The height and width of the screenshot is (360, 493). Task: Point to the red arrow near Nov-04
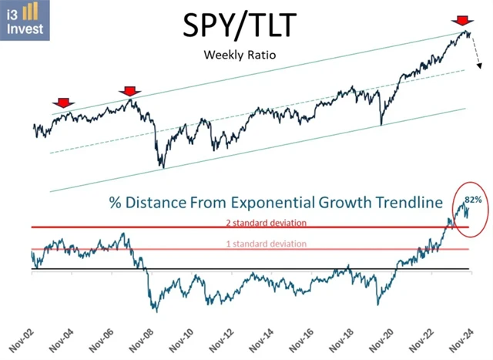click(x=62, y=103)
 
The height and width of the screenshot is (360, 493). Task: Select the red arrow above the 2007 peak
click(x=129, y=92)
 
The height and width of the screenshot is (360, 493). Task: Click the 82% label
click(x=473, y=200)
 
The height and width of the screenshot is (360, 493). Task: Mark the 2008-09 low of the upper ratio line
click(x=162, y=166)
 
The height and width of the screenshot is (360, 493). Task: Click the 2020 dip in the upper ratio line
click(x=381, y=124)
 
